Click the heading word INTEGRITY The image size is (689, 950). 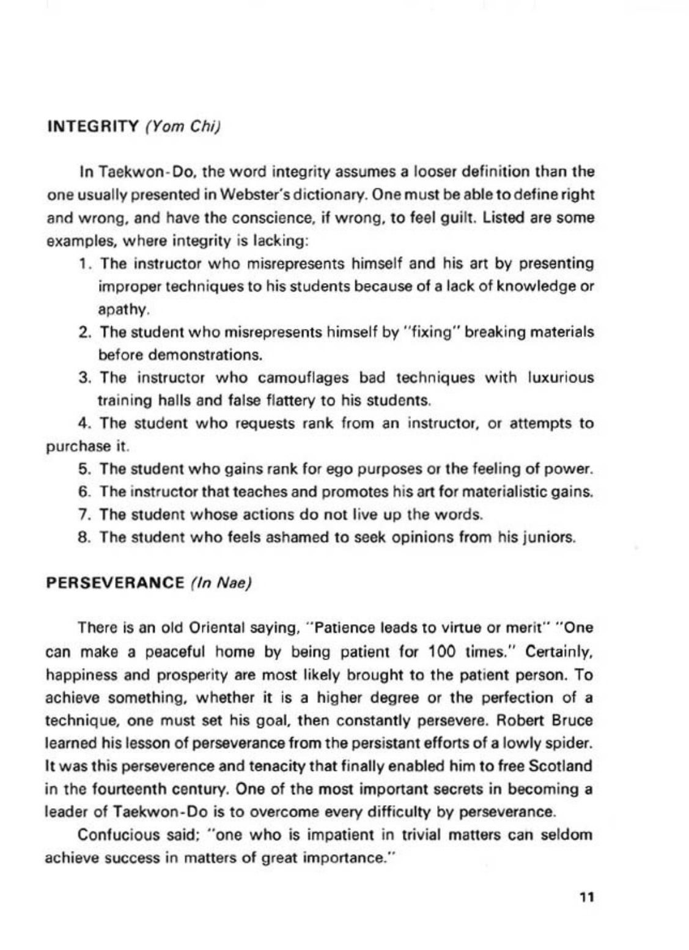tap(94, 127)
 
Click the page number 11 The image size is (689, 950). tap(586, 897)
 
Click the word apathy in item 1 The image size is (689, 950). tap(123, 310)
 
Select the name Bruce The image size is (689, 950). tap(573, 720)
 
